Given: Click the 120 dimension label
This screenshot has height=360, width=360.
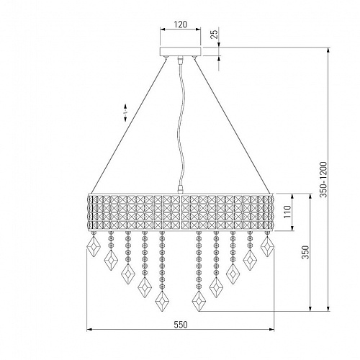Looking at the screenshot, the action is pyautogui.click(x=180, y=24).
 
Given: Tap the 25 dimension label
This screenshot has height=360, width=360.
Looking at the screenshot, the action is pyautogui.click(x=215, y=33).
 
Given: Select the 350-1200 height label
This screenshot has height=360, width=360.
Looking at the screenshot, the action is pyautogui.click(x=323, y=179).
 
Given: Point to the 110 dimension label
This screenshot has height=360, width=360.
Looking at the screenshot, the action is pyautogui.click(x=287, y=212).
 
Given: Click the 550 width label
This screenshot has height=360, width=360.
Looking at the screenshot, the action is pyautogui.click(x=180, y=325).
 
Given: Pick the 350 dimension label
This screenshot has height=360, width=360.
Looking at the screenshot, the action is pyautogui.click(x=305, y=252).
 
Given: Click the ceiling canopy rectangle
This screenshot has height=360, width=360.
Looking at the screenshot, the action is pyautogui.click(x=180, y=51).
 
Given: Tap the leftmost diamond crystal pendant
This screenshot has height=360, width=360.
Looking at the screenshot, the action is pyautogui.click(x=94, y=247).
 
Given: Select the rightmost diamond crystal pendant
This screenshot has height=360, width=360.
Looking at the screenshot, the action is pyautogui.click(x=267, y=247).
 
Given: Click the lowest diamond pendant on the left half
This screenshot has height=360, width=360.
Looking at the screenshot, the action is pyautogui.click(x=162, y=301).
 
